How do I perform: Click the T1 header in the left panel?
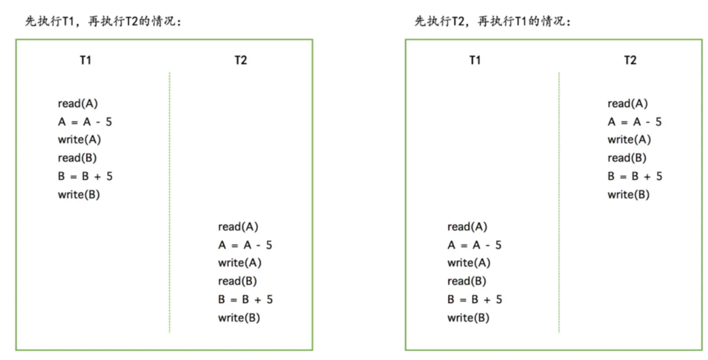tap(85, 60)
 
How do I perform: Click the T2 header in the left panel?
tap(241, 60)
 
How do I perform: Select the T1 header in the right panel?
tap(475, 60)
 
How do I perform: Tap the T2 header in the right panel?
tap(630, 60)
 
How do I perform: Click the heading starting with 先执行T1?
tap(103, 21)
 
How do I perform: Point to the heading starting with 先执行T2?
tap(493, 21)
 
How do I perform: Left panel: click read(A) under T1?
tap(77, 103)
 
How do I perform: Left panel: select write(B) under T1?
tap(79, 194)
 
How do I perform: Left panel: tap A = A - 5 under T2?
tap(245, 245)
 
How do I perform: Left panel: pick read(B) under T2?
tap(237, 281)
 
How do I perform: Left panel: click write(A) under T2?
tap(239, 263)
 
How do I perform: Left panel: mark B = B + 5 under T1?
tap(85, 176)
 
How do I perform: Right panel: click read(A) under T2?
tap(627, 103)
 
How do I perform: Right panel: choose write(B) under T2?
tap(628, 194)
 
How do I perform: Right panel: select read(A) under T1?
tap(467, 227)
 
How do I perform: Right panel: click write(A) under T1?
tap(469, 263)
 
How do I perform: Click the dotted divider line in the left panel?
tap(170, 201)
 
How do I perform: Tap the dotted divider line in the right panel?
tap(559, 201)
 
